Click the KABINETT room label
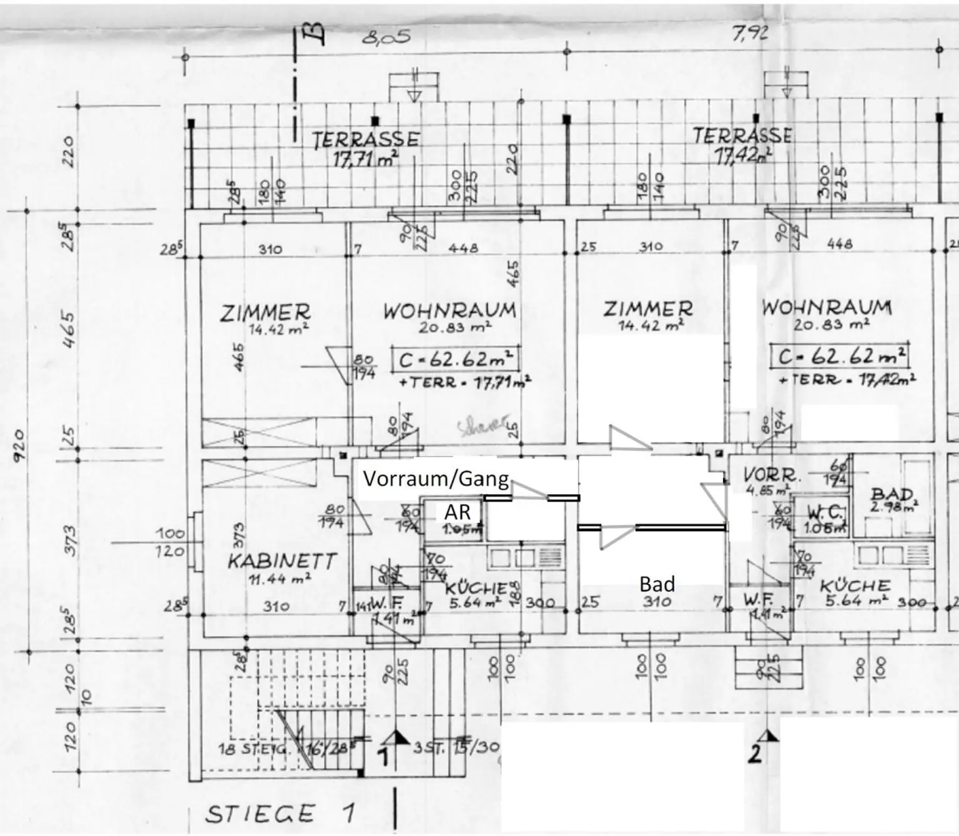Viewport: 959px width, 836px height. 282,560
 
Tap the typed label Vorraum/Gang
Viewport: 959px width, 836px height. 436,479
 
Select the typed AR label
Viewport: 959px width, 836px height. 457,512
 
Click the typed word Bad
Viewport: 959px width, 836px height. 657,584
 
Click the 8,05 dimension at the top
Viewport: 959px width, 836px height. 386,37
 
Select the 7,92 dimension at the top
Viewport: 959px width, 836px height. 750,33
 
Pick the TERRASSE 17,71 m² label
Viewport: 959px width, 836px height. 366,148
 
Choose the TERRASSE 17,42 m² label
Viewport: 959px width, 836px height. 742,145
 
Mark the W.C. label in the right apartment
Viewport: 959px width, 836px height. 825,513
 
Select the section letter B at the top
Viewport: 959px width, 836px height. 317,35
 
